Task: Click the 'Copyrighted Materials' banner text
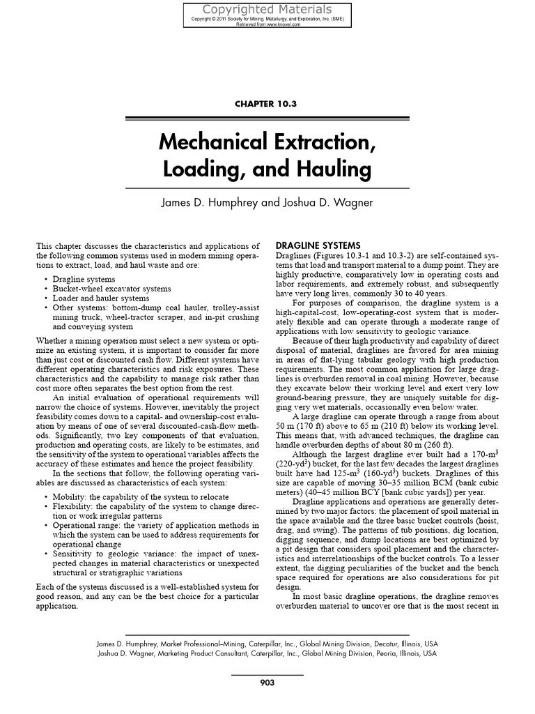point(267,9)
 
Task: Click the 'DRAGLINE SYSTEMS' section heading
point(318,245)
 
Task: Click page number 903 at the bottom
point(267,683)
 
